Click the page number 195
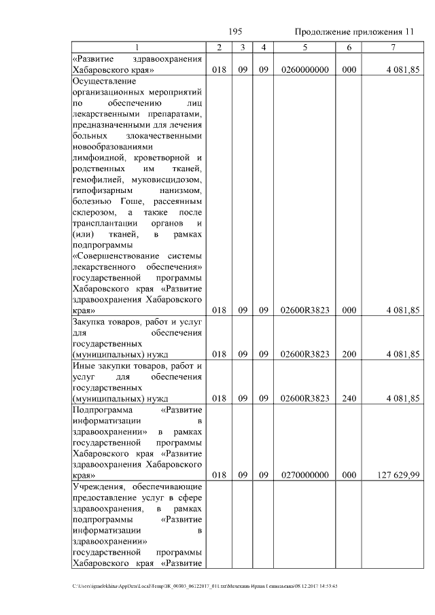point(236,32)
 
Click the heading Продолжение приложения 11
point(353,33)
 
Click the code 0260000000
point(304,70)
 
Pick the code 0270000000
point(304,476)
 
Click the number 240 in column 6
point(349,399)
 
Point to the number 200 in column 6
point(349,354)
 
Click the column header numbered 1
point(139,47)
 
